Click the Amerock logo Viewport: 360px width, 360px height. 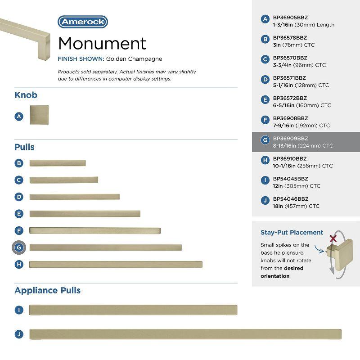(83, 22)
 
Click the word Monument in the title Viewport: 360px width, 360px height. (102, 43)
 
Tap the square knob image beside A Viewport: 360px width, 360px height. (39, 115)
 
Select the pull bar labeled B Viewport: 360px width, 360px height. (57, 163)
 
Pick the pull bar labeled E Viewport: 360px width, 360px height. (85, 214)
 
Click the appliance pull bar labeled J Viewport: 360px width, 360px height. (185, 334)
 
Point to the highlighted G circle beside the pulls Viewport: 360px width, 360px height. (19, 247)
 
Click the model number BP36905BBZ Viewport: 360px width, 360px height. (290, 18)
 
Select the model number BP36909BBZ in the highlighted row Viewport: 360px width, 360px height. (290, 139)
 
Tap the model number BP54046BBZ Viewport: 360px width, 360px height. (290, 199)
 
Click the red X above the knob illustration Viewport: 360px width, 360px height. (333, 238)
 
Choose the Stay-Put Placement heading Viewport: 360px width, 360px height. (292, 233)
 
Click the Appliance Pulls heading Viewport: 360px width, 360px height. (47, 290)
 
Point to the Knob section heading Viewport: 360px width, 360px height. (26, 95)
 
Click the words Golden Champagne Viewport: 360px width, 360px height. (134, 59)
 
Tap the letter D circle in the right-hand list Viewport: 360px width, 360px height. (265, 80)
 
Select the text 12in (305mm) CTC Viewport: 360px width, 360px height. (297, 186)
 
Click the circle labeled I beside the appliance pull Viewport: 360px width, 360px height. (19, 310)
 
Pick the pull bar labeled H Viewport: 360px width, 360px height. (116, 264)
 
